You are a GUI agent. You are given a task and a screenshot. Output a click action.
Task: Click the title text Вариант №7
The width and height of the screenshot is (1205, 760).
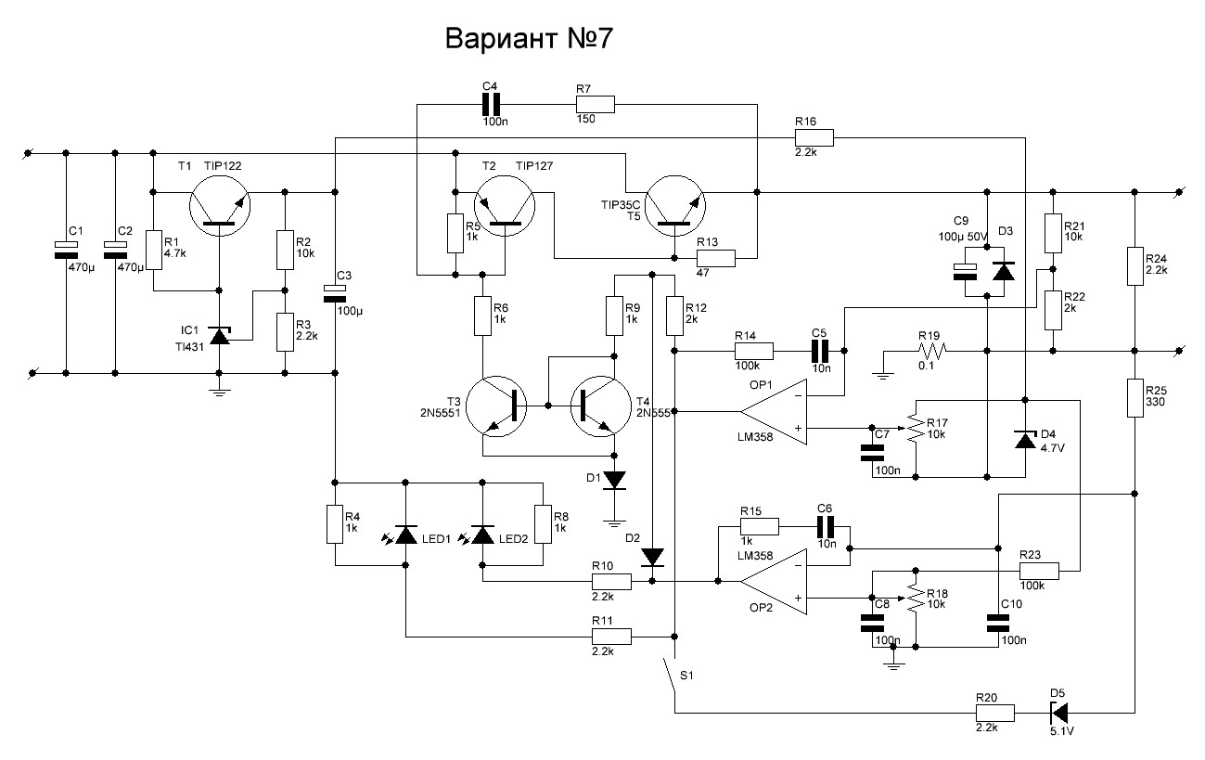click(x=529, y=38)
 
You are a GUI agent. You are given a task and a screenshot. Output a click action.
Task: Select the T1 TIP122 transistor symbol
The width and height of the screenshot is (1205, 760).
click(x=220, y=206)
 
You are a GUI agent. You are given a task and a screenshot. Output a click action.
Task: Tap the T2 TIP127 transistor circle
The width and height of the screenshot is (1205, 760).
click(x=505, y=206)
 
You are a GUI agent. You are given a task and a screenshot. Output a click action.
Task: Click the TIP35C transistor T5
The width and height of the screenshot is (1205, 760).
click(x=675, y=206)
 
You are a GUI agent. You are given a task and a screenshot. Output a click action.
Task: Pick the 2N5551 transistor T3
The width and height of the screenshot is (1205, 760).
click(x=496, y=406)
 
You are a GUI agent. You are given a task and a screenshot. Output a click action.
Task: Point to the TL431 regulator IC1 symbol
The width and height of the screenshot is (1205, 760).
click(x=220, y=336)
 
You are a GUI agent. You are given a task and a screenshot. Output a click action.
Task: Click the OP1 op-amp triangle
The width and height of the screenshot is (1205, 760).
click(x=774, y=412)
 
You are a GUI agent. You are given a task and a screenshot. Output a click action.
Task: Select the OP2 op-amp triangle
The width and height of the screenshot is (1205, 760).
click(x=774, y=581)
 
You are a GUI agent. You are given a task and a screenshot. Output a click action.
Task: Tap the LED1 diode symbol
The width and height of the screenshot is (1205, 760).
click(x=405, y=535)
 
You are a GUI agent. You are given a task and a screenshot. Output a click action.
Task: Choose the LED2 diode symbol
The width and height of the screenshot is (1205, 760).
click(x=482, y=535)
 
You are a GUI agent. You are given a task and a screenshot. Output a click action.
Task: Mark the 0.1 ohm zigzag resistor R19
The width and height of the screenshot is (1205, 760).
click(x=931, y=351)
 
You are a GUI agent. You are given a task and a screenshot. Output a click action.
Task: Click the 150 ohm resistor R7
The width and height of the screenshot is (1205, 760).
click(x=595, y=105)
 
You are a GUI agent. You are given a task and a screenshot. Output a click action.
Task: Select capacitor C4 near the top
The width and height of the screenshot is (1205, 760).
click(x=491, y=105)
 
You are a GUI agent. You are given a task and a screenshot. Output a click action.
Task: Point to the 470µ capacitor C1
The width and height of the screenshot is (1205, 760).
click(x=66, y=251)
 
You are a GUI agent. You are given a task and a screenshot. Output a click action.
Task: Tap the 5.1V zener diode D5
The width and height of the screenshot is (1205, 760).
click(x=1058, y=714)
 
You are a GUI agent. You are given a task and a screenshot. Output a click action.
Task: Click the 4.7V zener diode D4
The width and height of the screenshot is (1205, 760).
click(x=1025, y=440)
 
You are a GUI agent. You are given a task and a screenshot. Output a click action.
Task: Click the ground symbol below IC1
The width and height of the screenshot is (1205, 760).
click(x=220, y=393)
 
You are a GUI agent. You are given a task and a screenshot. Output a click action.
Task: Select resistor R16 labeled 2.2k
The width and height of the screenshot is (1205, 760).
click(x=814, y=137)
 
